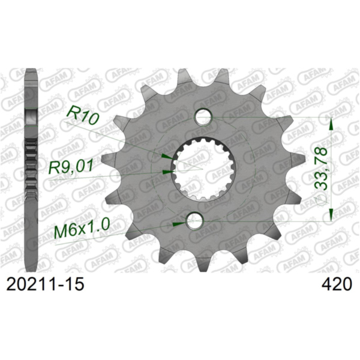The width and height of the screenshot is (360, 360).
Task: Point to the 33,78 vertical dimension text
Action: point(322,170)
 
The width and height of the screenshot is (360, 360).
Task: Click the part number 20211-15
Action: point(44,284)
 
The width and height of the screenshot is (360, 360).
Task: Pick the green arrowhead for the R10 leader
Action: point(165,156)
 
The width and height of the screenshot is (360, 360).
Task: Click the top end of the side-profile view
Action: point(29,72)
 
